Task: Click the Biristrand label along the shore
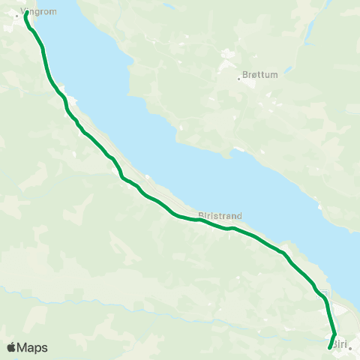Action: tap(219, 215)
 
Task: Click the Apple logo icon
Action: tap(11, 347)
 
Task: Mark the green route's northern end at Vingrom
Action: tap(26, 13)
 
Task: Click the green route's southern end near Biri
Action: tap(330, 347)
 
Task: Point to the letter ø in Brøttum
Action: tap(252, 76)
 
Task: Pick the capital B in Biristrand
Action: tap(201, 215)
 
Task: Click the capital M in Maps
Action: tap(23, 347)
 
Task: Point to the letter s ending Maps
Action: tap(44, 348)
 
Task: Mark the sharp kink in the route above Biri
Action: tap(334, 334)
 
